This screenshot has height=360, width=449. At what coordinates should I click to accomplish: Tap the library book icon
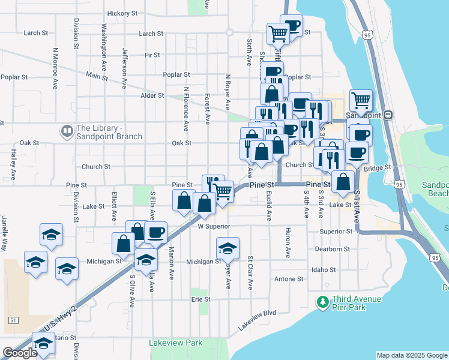(66, 130)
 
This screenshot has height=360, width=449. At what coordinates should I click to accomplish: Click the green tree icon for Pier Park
(324, 302)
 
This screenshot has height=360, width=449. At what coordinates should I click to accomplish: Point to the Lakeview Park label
(176, 343)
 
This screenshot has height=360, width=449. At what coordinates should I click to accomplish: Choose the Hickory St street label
(122, 13)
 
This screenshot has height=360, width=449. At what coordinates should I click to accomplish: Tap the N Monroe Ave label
(55, 61)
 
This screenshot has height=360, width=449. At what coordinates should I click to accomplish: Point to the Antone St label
(289, 279)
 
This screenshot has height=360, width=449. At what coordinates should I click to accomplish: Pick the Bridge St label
(377, 169)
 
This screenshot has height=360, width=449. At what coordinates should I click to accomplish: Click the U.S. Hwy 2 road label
(61, 319)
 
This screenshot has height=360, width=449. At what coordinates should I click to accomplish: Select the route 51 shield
(13, 320)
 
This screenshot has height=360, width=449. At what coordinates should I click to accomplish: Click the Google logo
(20, 353)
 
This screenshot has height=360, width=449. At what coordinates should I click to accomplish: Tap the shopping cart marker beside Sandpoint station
(360, 100)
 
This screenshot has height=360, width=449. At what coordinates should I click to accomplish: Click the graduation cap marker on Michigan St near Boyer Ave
(228, 247)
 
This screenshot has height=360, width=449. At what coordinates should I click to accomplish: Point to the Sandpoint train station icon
(388, 115)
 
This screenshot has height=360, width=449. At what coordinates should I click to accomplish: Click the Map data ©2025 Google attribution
(412, 355)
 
